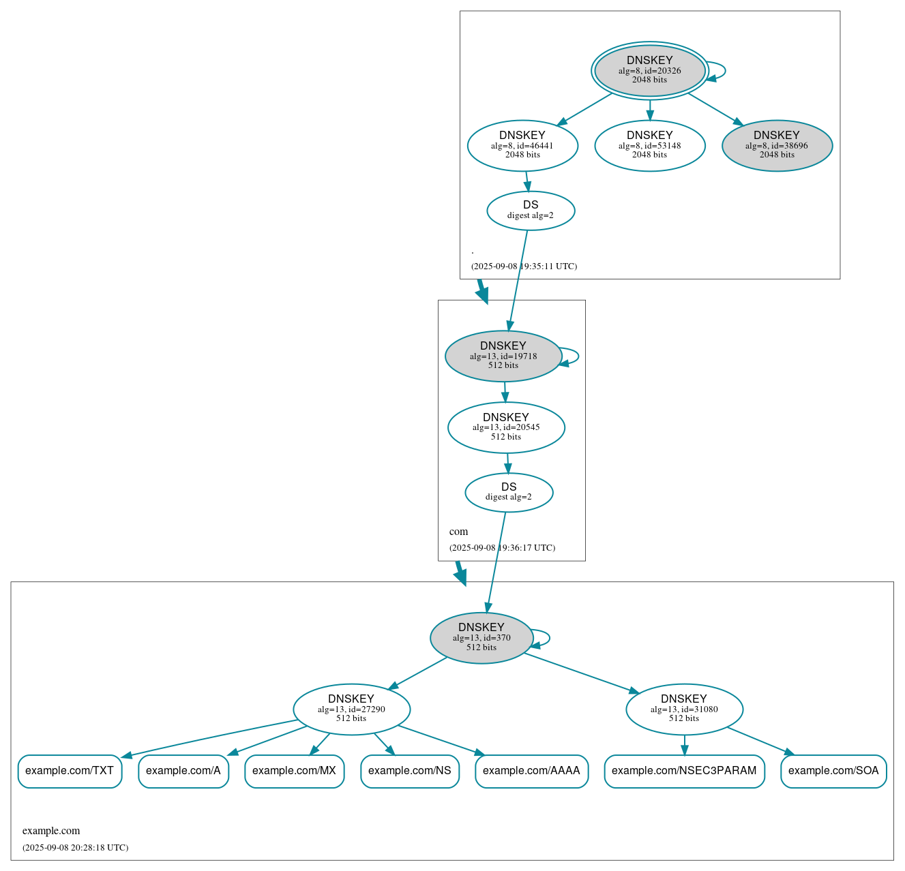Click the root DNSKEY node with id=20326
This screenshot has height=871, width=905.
point(649,70)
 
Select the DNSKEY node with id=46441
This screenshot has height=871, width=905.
point(522,145)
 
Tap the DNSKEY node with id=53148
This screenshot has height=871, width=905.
point(649,145)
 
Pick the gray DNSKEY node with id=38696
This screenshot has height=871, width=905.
point(777,145)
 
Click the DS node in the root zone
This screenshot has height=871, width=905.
point(531,211)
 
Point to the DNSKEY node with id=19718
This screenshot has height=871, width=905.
point(503,356)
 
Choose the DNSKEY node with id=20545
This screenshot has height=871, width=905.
point(506,427)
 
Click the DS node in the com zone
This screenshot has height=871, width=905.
point(509,492)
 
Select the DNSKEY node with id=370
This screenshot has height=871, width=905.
point(481,638)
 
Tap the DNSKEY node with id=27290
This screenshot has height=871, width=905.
point(351,709)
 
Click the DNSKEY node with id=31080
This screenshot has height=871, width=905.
point(684,709)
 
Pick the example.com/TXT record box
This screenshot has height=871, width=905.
point(70,771)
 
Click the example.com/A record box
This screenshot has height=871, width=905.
point(183,771)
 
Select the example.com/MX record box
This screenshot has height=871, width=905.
point(294,771)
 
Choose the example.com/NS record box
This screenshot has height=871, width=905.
point(410,771)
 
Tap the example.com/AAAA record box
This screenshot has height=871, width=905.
point(531,771)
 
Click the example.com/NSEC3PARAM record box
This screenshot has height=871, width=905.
point(684,771)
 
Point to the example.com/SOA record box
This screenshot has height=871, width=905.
point(833,771)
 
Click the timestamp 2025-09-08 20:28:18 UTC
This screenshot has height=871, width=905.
point(75,848)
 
